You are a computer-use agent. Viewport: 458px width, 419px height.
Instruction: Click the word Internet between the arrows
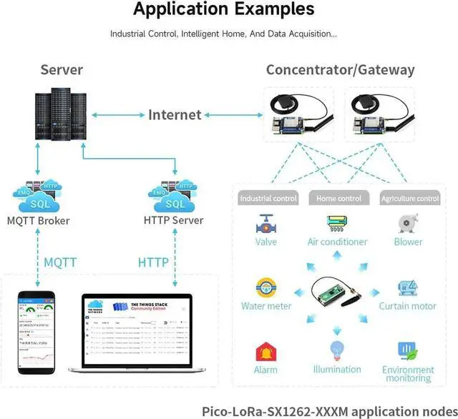tap(175, 114)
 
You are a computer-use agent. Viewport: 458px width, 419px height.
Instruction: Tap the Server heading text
tap(62, 70)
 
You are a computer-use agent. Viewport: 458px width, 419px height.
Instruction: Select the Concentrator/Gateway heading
tap(340, 70)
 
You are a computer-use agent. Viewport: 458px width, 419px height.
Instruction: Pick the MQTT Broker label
tap(38, 221)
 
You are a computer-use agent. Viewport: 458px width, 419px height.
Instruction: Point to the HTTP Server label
tap(173, 221)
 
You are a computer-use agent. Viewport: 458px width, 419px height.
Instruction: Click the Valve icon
tap(266, 224)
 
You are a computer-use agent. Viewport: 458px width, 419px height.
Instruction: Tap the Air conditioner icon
tap(337, 223)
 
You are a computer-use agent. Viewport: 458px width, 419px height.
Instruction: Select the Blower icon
tap(408, 224)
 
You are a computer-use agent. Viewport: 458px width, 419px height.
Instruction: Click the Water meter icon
tap(266, 288)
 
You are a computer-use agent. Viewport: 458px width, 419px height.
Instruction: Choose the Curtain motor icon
tap(408, 288)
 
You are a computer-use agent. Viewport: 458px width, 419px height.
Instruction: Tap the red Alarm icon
tap(266, 353)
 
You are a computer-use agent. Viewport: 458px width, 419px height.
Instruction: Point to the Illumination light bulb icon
tap(337, 351)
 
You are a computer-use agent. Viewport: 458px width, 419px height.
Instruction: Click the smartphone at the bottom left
tap(38, 332)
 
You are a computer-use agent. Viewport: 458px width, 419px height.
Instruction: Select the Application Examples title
tap(223, 10)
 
